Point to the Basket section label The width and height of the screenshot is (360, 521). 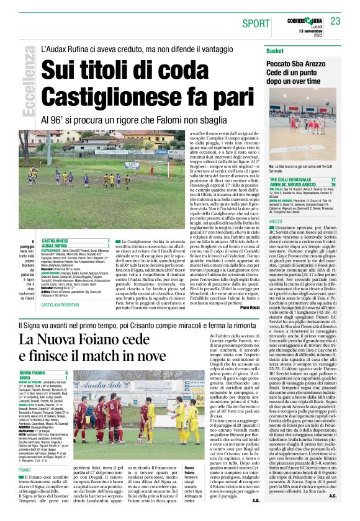tap(275, 50)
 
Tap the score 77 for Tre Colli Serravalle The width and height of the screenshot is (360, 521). tap(333, 179)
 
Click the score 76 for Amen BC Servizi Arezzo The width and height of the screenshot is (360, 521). tap(333, 185)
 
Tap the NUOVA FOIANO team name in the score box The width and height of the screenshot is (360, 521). tap(34, 373)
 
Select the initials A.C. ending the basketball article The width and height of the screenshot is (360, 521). tap(333, 513)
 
